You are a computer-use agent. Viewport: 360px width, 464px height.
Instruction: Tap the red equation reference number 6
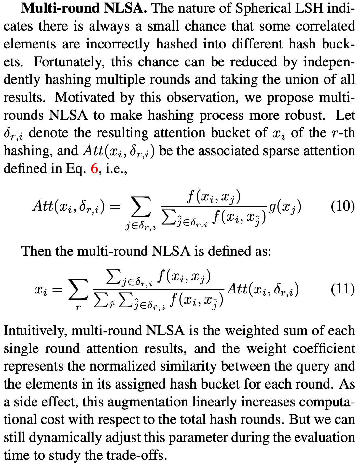[x=94, y=169]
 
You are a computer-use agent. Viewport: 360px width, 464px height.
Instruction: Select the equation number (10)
[x=343, y=207]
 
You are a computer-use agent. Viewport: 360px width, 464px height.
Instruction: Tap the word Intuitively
[x=35, y=331]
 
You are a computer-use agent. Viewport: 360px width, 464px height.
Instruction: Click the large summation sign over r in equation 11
[x=78, y=290]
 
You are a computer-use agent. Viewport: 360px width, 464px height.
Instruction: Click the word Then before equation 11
[x=36, y=251]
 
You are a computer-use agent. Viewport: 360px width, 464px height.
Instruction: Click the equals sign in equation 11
[x=58, y=290]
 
